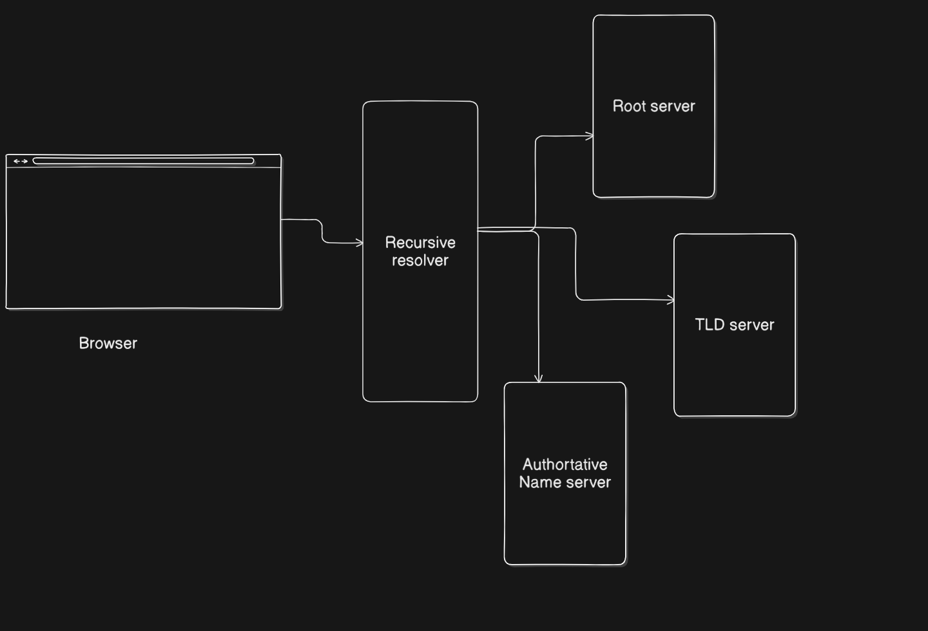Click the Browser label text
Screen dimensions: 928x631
click(x=108, y=343)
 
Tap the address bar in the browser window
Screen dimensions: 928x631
click(x=143, y=161)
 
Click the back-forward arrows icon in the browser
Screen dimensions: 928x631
click(x=21, y=161)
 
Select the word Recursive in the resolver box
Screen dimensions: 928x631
click(x=420, y=243)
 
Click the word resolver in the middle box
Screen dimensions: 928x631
click(x=420, y=260)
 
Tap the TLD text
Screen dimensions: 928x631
click(x=710, y=325)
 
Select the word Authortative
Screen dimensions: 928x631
click(x=565, y=464)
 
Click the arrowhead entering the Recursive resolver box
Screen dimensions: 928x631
click(x=359, y=243)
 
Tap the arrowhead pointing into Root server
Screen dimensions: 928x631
click(x=590, y=136)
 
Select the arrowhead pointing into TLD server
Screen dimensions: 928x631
click(x=670, y=300)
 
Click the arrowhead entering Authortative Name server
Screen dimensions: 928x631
click(x=539, y=379)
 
